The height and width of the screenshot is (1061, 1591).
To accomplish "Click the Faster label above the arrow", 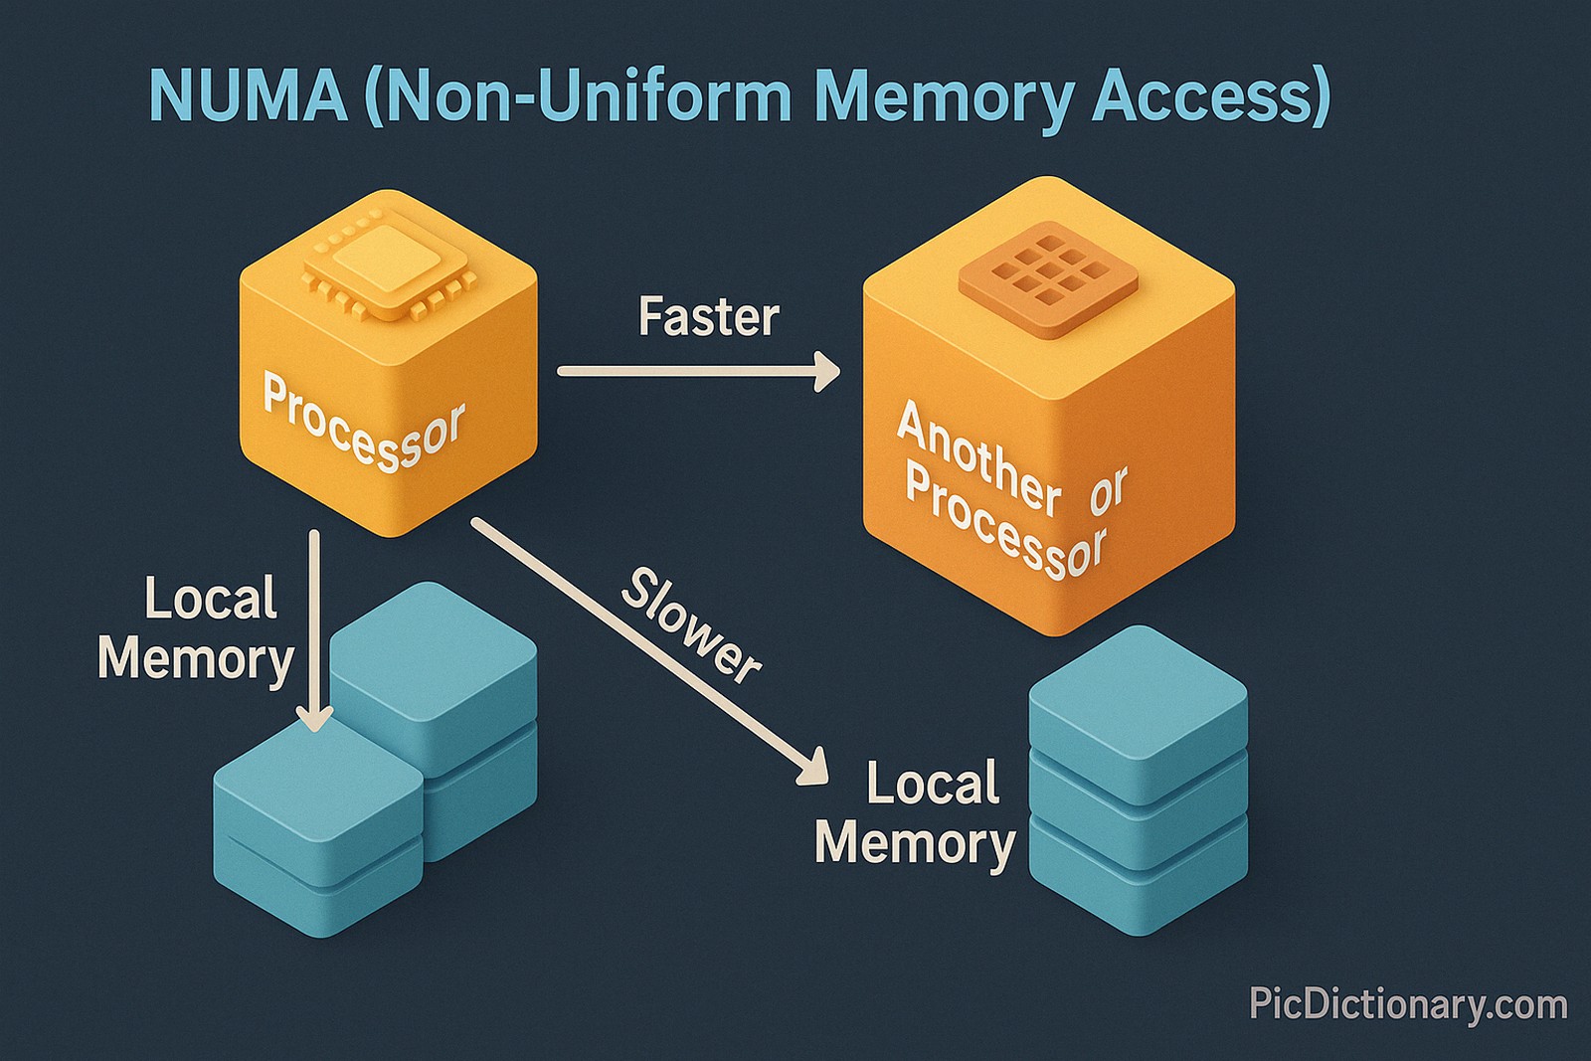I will (x=708, y=317).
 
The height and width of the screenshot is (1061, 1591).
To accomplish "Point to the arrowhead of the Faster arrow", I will (x=828, y=371).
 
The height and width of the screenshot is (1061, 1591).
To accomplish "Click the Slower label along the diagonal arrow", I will (x=691, y=626).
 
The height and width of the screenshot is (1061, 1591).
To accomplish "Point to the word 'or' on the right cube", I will (x=1108, y=490).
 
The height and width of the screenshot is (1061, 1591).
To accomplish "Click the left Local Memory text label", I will (x=197, y=629).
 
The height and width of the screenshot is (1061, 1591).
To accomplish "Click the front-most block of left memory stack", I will (x=318, y=796).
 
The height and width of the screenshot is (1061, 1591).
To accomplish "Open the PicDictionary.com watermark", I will (x=1407, y=1004).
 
